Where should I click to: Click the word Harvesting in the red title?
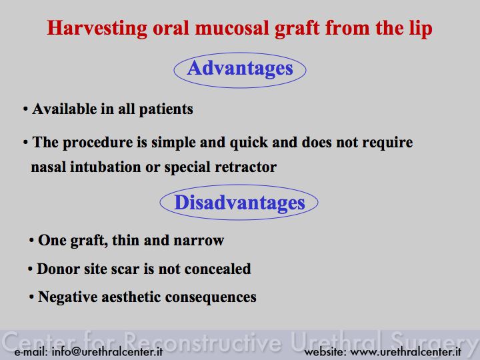coord(97,29)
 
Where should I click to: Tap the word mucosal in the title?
coord(233,28)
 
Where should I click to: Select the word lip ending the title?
coord(421,29)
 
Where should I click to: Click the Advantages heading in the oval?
coord(240,68)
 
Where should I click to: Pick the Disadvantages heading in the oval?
coord(239,203)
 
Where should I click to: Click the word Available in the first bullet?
coord(65,109)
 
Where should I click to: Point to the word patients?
coord(166,109)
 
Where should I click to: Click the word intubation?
coord(105,167)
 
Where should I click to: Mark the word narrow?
coord(199,241)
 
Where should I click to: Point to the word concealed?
coord(217,269)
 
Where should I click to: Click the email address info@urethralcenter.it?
coord(107,351)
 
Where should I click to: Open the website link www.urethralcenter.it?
coord(406,352)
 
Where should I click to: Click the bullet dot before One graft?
coord(31,241)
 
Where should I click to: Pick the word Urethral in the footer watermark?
coord(336,341)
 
